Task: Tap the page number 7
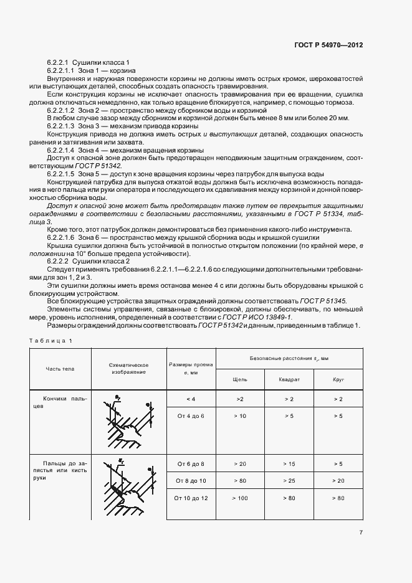[361, 533]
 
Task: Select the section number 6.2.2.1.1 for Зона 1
[64, 72]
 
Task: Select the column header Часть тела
[59, 369]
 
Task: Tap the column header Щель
[239, 379]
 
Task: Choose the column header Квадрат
[290, 379]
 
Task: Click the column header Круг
[338, 379]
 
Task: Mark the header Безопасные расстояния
[289, 359]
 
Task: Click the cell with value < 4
[190, 398]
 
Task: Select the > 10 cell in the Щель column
[239, 415]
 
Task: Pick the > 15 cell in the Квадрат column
[290, 464]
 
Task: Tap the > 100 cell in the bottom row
[239, 498]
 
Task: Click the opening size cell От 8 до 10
[190, 481]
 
